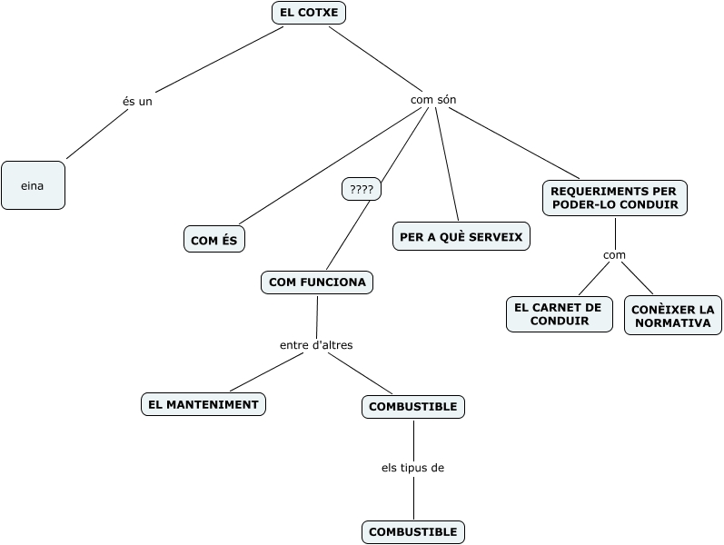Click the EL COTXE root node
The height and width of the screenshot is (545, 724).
tap(309, 13)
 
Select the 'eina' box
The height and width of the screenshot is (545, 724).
tap(34, 185)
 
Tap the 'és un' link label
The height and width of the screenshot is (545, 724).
tap(137, 101)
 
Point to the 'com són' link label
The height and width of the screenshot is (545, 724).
tap(433, 100)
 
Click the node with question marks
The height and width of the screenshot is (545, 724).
tap(362, 189)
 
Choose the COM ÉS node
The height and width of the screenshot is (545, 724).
tap(214, 239)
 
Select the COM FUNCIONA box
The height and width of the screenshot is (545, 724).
tap(317, 282)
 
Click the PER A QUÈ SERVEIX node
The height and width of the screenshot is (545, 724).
tap(461, 236)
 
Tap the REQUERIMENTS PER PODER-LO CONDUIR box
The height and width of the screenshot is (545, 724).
tap(615, 198)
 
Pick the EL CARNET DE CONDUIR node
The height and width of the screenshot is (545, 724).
tap(560, 314)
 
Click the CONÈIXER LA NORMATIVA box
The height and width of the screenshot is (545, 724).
tap(673, 315)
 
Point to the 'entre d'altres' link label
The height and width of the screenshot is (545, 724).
tap(316, 345)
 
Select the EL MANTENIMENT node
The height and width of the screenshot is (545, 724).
tap(203, 404)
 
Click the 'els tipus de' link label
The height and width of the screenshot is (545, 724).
tap(412, 468)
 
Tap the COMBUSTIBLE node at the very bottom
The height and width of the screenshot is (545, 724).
tap(413, 532)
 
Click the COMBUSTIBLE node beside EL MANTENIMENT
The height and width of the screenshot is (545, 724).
tap(413, 407)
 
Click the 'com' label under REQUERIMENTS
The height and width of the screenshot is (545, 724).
tap(614, 255)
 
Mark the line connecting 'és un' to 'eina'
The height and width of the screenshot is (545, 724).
tap(96, 134)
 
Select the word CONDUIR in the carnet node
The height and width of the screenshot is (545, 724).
tap(560, 321)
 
